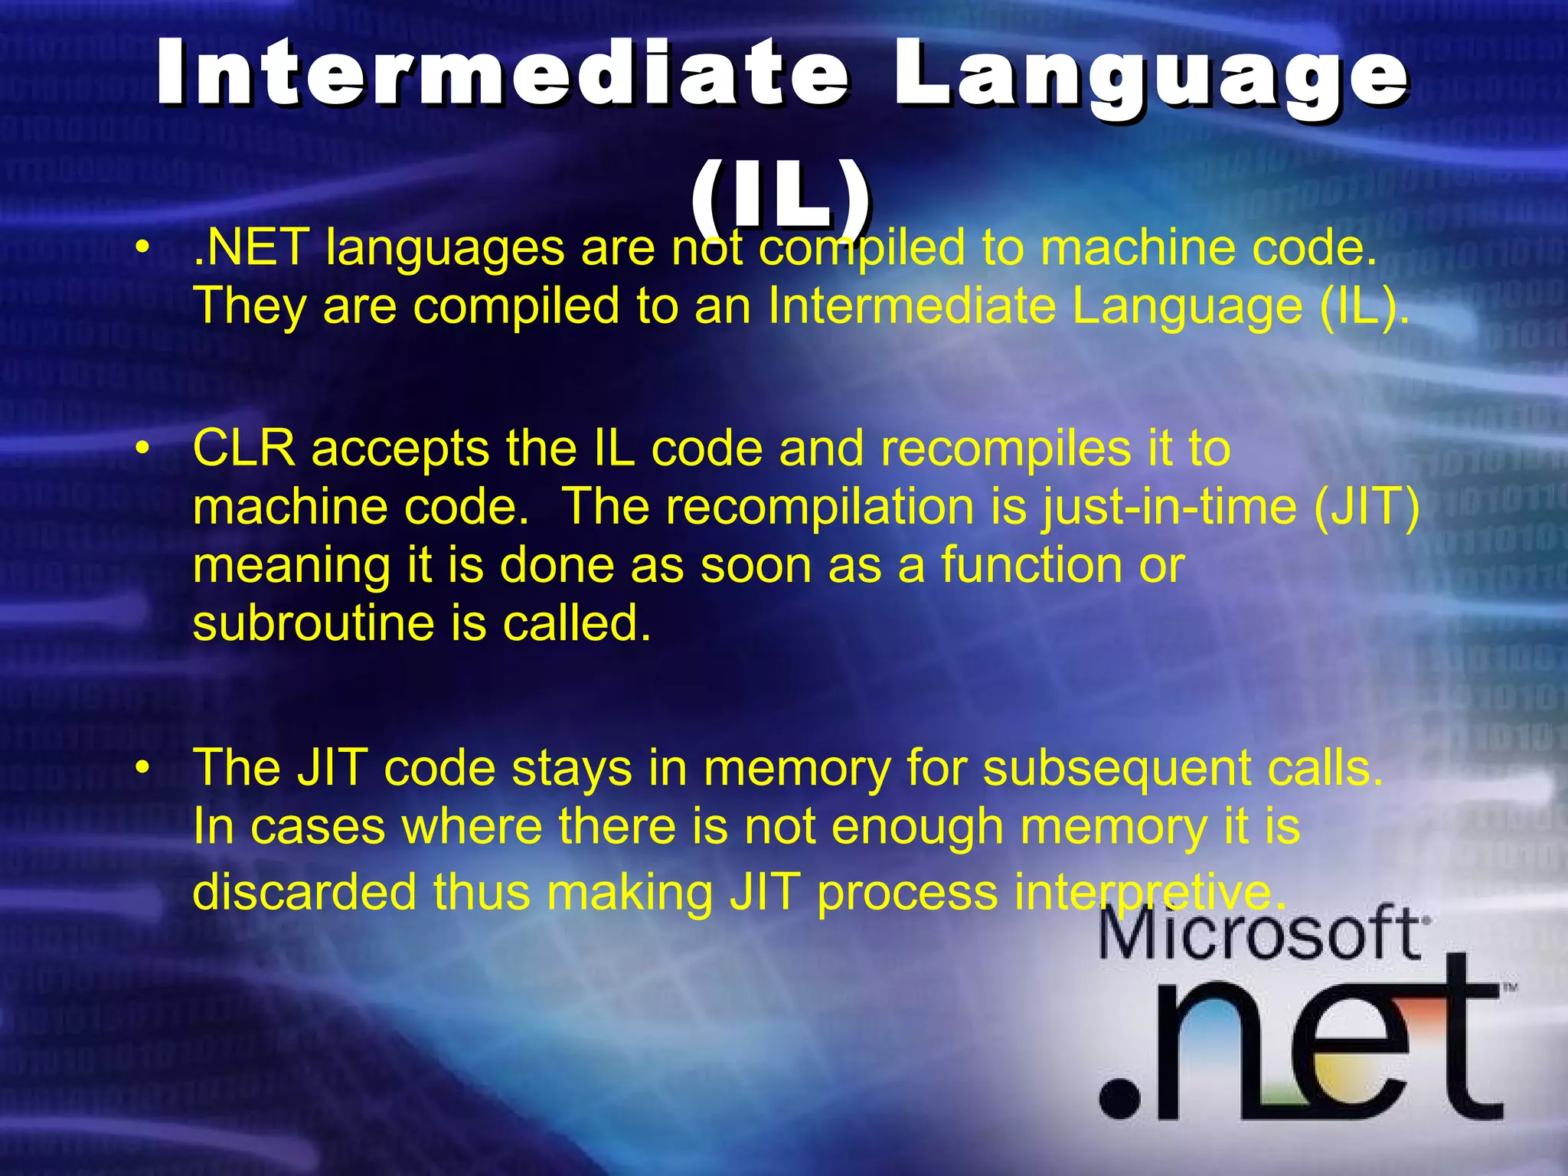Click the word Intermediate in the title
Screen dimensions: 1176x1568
(502, 73)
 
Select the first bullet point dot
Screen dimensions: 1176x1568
(141, 249)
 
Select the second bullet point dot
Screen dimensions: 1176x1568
(141, 449)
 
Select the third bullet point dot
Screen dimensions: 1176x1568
(141, 769)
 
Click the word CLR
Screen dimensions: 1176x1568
(243, 449)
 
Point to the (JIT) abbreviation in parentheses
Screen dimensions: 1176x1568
(1367, 507)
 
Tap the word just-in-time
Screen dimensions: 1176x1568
(1168, 507)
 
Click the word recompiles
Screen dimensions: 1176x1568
(1005, 449)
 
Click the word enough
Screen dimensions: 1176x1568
(916, 827)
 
